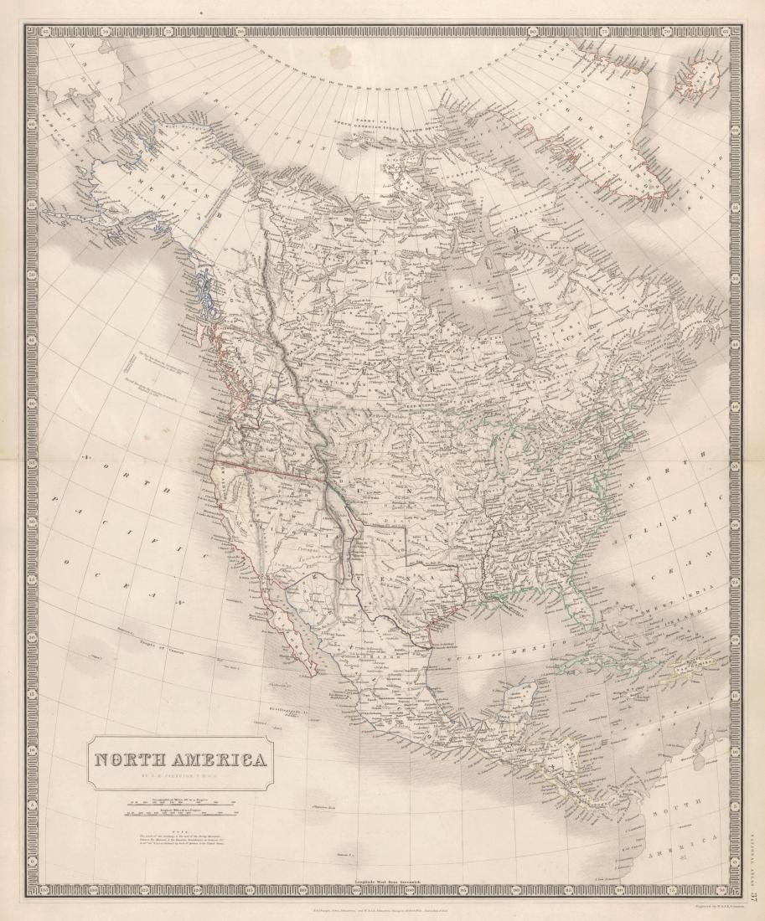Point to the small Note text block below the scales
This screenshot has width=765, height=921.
(x=179, y=838)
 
